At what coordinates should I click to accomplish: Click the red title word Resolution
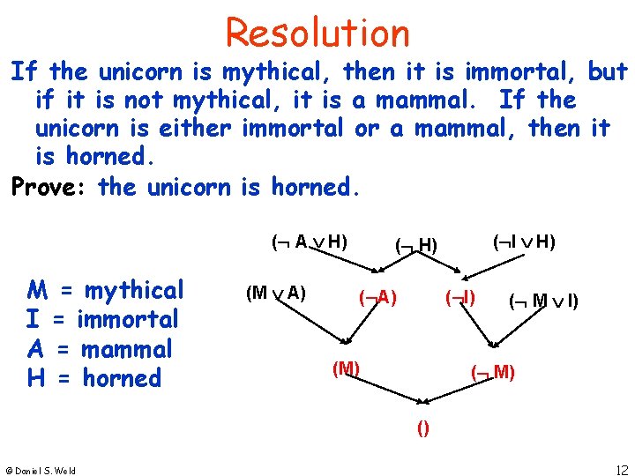[x=317, y=33]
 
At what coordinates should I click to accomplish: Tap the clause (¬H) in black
[x=416, y=244]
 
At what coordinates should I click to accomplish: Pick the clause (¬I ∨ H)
[x=523, y=241]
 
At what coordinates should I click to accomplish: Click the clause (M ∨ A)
[x=276, y=293]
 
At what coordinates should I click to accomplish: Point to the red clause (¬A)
[x=377, y=298]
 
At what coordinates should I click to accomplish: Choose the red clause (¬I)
[x=460, y=297]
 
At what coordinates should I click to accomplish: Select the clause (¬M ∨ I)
[x=544, y=301]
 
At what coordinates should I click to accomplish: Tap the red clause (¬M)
[x=494, y=371]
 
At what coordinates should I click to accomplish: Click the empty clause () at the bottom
[x=423, y=428]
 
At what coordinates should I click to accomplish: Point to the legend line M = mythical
[x=106, y=290]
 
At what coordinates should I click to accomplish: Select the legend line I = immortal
[x=103, y=319]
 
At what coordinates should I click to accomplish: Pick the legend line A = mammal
[x=101, y=349]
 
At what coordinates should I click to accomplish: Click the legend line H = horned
[x=95, y=379]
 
